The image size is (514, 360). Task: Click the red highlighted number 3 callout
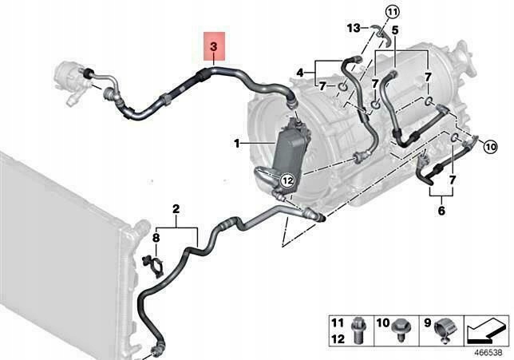point(213,49)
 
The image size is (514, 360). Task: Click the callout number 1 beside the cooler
point(237,143)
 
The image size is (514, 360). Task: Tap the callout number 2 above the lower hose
point(176,211)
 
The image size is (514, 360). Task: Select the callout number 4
point(301,73)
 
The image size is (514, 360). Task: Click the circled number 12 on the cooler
point(287,180)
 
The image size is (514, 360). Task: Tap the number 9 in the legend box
point(427,324)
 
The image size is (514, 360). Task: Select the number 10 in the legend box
point(382,324)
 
